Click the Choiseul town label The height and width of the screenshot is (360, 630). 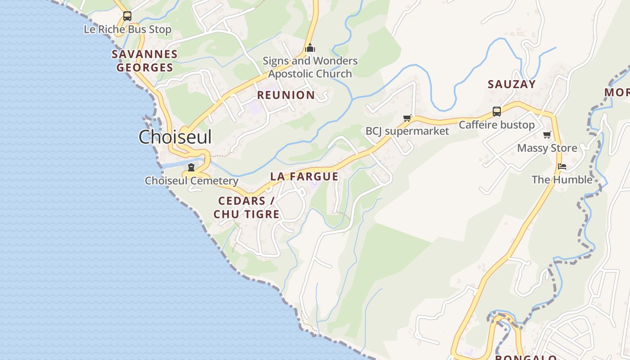[x=175, y=137]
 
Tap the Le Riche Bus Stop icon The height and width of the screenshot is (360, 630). [x=127, y=16]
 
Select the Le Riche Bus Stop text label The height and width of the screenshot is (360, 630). [x=127, y=30]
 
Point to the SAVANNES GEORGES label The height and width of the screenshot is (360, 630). [x=144, y=61]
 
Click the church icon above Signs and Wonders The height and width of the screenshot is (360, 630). [x=310, y=48]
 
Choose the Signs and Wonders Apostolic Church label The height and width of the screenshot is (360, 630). [x=310, y=67]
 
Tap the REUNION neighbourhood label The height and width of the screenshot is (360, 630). [x=286, y=95]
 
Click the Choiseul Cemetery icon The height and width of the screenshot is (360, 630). [x=191, y=167]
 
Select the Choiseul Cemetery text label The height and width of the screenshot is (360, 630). [x=191, y=181]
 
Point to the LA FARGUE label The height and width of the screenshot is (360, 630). [x=304, y=176]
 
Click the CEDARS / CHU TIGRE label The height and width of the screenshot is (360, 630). [x=247, y=207]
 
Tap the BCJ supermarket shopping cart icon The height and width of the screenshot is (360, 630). [x=407, y=118]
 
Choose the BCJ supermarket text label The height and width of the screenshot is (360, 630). [x=407, y=131]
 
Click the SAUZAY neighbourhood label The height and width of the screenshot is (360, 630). [x=512, y=84]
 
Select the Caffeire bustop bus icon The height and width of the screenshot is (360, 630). [x=497, y=111]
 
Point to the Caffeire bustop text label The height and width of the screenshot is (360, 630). [x=497, y=125]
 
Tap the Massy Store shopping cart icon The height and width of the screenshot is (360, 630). [x=547, y=135]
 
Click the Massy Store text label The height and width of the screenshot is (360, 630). [x=547, y=148]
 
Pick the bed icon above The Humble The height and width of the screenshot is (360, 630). [x=562, y=166]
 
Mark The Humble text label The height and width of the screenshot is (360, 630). [x=562, y=180]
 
